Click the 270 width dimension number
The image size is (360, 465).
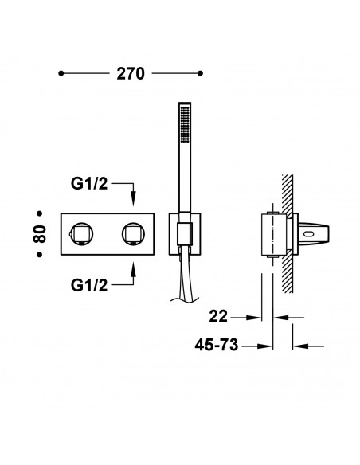point(131,73)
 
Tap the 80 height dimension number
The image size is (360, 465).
point(40,234)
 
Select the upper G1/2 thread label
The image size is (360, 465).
point(89,184)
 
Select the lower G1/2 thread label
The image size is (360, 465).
point(89,285)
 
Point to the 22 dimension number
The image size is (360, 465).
point(218,316)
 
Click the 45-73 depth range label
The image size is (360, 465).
point(217,345)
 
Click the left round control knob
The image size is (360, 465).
point(82,234)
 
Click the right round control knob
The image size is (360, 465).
point(134,234)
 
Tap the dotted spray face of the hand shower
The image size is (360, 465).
point(185,124)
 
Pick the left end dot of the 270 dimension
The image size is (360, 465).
point(61,73)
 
